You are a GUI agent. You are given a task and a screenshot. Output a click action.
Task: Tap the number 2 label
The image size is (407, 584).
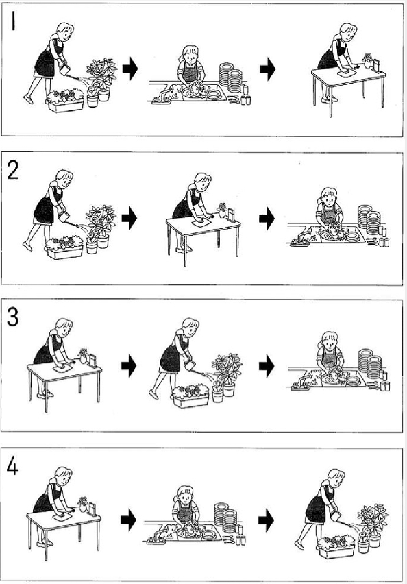pyautogui.click(x=13, y=171)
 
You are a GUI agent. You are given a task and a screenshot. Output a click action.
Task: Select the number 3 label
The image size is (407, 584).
pyautogui.click(x=12, y=318)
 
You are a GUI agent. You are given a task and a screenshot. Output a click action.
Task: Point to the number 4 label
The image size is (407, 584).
pyautogui.click(x=12, y=467)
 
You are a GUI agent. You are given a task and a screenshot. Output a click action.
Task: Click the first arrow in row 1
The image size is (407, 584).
pyautogui.click(x=130, y=69)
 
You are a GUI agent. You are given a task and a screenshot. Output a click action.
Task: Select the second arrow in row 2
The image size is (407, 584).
pyautogui.click(x=267, y=219)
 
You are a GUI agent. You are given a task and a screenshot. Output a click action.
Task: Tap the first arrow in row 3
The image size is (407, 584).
pyautogui.click(x=129, y=366)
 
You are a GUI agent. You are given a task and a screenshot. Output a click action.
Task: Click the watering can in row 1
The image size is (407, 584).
pyautogui.click(x=64, y=69)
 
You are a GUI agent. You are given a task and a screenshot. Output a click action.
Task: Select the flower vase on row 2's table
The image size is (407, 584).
pyautogui.click(x=222, y=210)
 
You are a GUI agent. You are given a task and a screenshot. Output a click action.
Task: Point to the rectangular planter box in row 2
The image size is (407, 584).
pyautogui.click(x=64, y=252)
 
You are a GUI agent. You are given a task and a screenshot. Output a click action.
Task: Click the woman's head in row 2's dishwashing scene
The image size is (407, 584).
pyautogui.click(x=329, y=195)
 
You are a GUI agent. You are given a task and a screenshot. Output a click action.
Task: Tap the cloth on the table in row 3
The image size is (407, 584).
pyautogui.click(x=63, y=368)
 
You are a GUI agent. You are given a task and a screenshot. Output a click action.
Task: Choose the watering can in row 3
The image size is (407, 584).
pyautogui.click(x=190, y=365)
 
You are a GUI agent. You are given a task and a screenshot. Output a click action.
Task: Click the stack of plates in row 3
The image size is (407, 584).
pyautogui.click(x=370, y=364)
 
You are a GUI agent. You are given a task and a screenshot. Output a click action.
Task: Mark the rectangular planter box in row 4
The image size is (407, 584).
pyautogui.click(x=336, y=549)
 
